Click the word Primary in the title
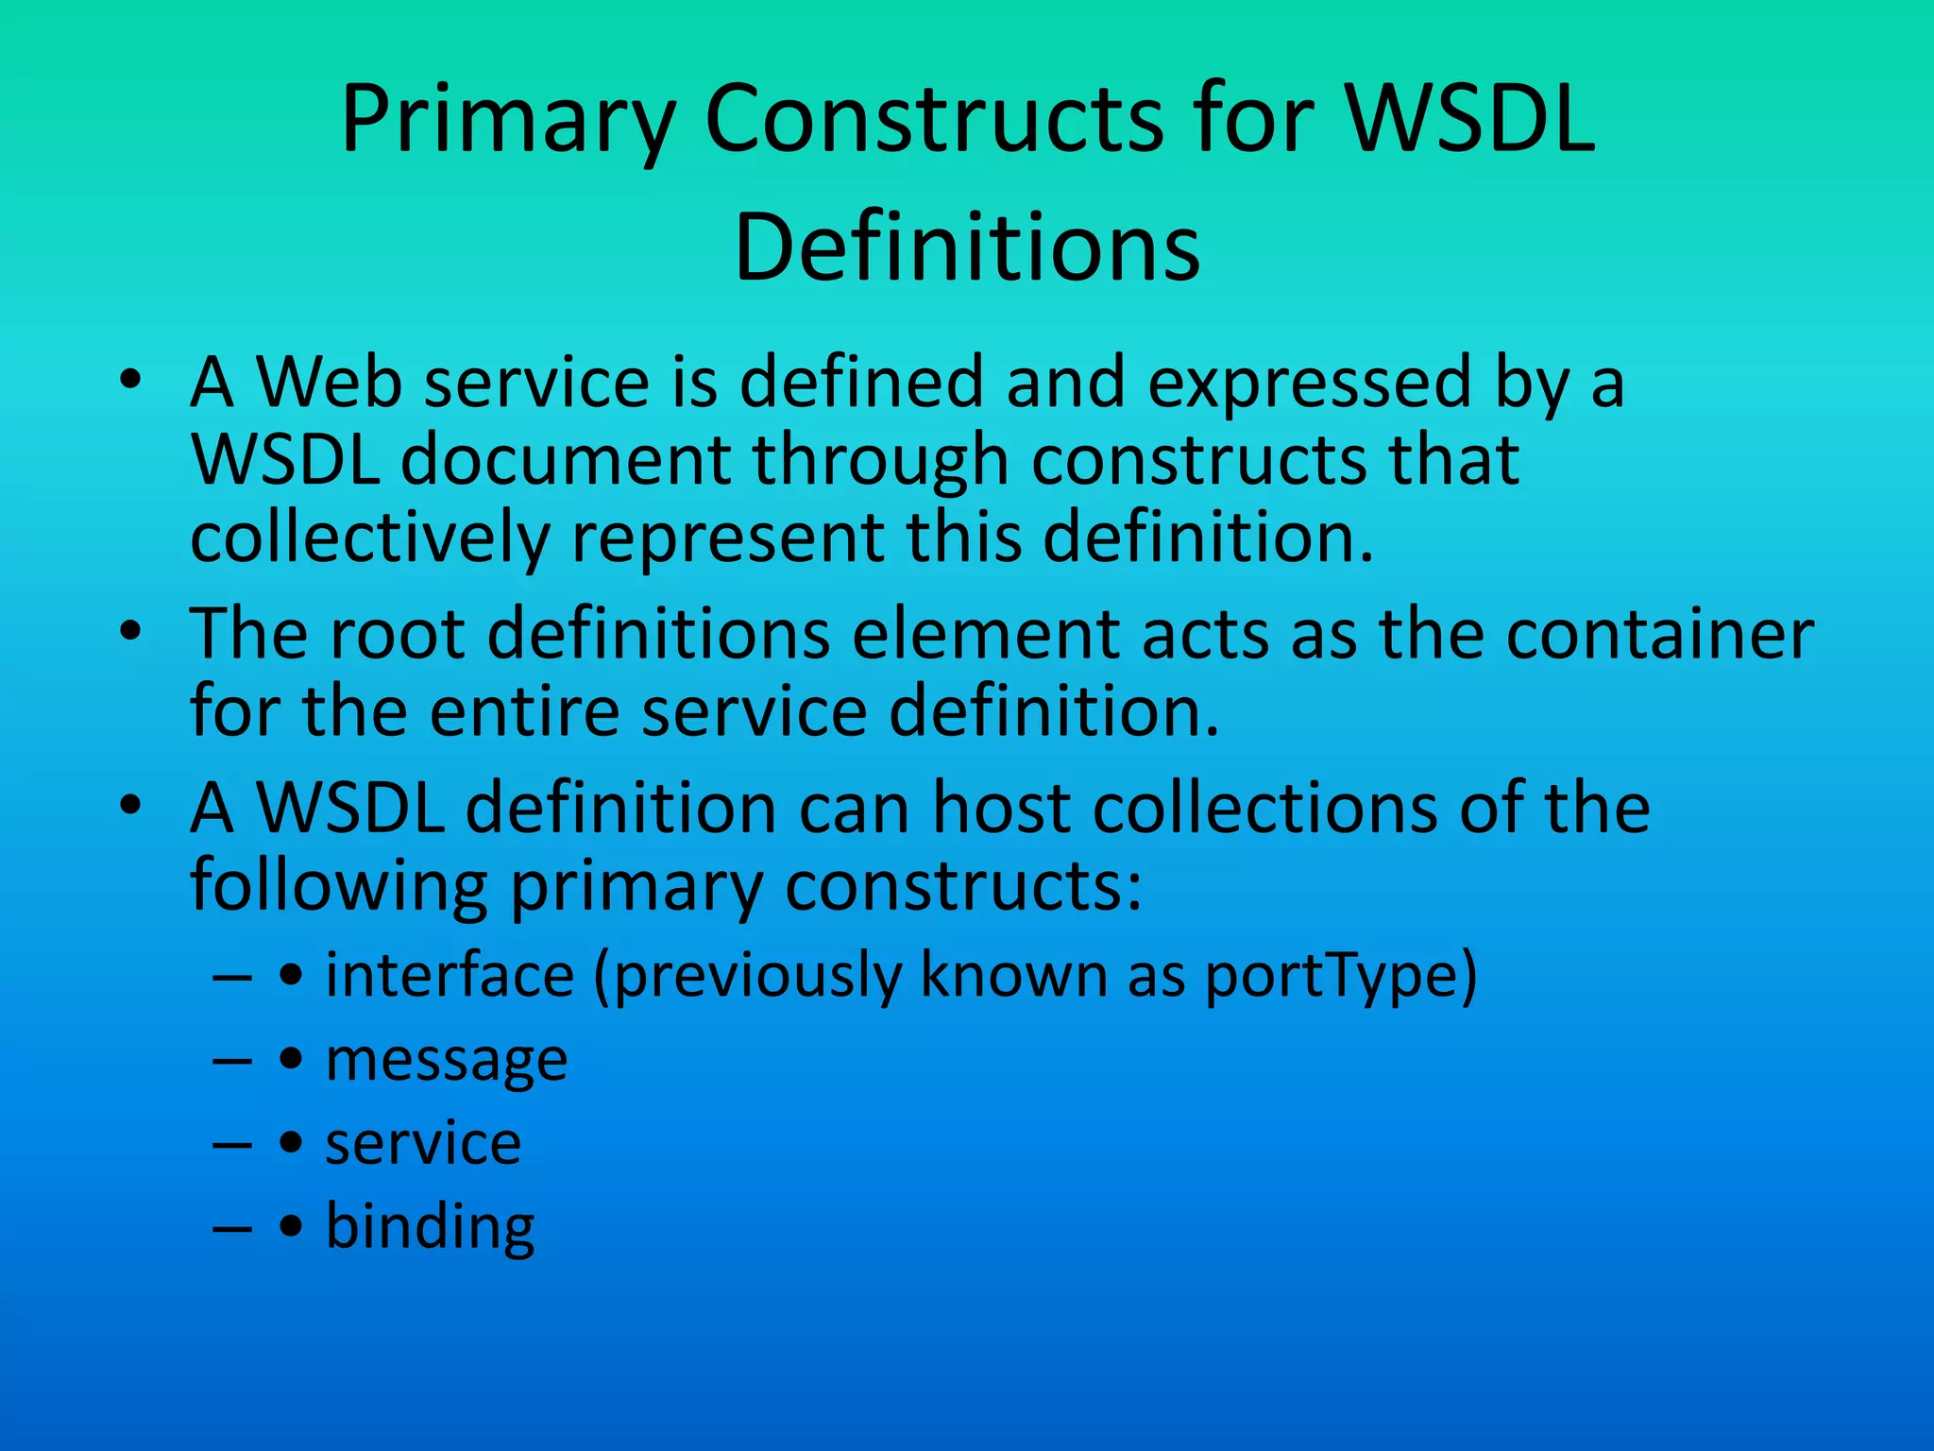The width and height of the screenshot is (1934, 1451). point(507,121)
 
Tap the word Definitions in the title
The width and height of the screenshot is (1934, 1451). point(967,248)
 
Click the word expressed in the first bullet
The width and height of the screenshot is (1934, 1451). point(1310,384)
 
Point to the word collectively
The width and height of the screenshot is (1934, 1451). point(369,537)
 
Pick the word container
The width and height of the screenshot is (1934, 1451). point(1659,634)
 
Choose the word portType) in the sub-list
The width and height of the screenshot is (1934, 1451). point(1341,976)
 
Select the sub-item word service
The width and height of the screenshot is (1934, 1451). point(423,1143)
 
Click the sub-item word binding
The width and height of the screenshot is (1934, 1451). point(430,1228)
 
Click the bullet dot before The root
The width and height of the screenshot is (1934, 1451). point(130,631)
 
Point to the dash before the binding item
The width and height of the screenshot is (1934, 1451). point(232,1228)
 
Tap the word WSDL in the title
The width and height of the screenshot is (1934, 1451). point(1469,121)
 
